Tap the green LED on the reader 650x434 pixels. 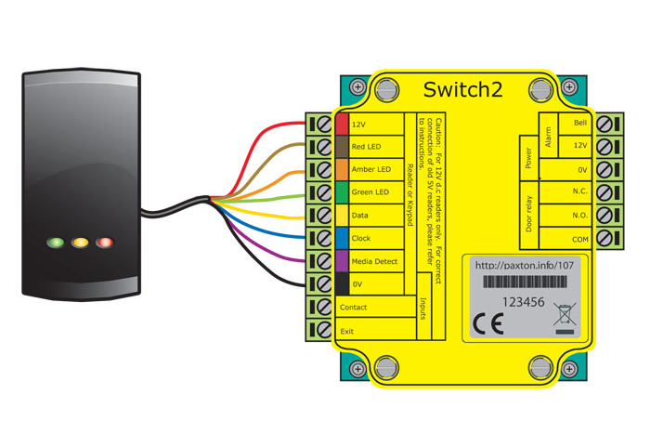point(57,243)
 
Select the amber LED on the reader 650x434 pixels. point(80,243)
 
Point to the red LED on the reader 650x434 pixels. point(104,243)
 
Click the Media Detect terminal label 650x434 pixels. point(374,262)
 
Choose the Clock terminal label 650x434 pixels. point(361,239)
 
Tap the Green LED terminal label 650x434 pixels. point(370,192)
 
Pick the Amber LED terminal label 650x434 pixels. point(370,170)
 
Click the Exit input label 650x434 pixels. point(346,331)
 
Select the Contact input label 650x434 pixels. point(353,308)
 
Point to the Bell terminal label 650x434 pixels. point(580,124)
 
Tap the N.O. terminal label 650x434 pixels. point(579,215)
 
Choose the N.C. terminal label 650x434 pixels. point(579,192)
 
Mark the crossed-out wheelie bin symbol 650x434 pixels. point(565,317)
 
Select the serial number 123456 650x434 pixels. point(524,302)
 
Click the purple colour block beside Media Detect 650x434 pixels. point(342,262)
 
